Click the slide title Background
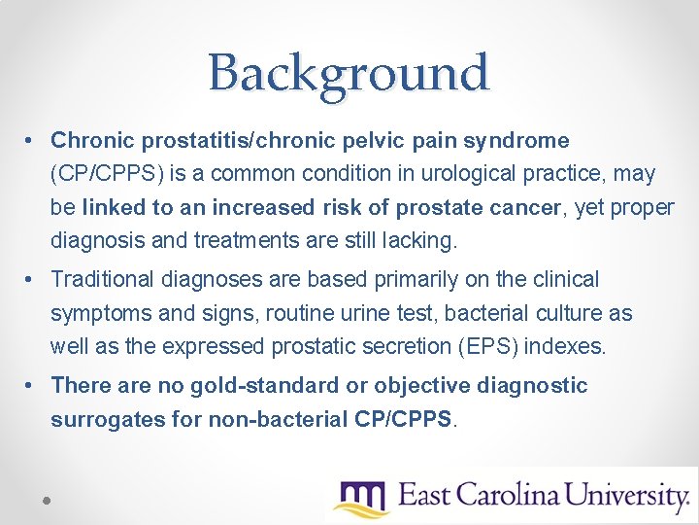[x=349, y=72]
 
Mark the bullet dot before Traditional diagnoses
[x=32, y=281]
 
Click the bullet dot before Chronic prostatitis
[x=32, y=142]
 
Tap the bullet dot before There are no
[x=32, y=387]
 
